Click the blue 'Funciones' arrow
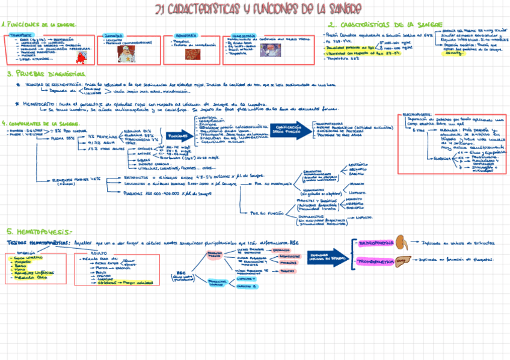pyautogui.click(x=174, y=135)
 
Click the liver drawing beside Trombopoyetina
pyautogui.click(x=401, y=261)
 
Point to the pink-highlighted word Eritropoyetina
pyautogui.click(x=374, y=244)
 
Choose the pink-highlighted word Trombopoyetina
pyautogui.click(x=375, y=262)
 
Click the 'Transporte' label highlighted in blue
pyautogui.click(x=22, y=35)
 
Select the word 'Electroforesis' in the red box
pyautogui.click(x=416, y=114)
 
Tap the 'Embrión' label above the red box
pyautogui.click(x=27, y=253)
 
